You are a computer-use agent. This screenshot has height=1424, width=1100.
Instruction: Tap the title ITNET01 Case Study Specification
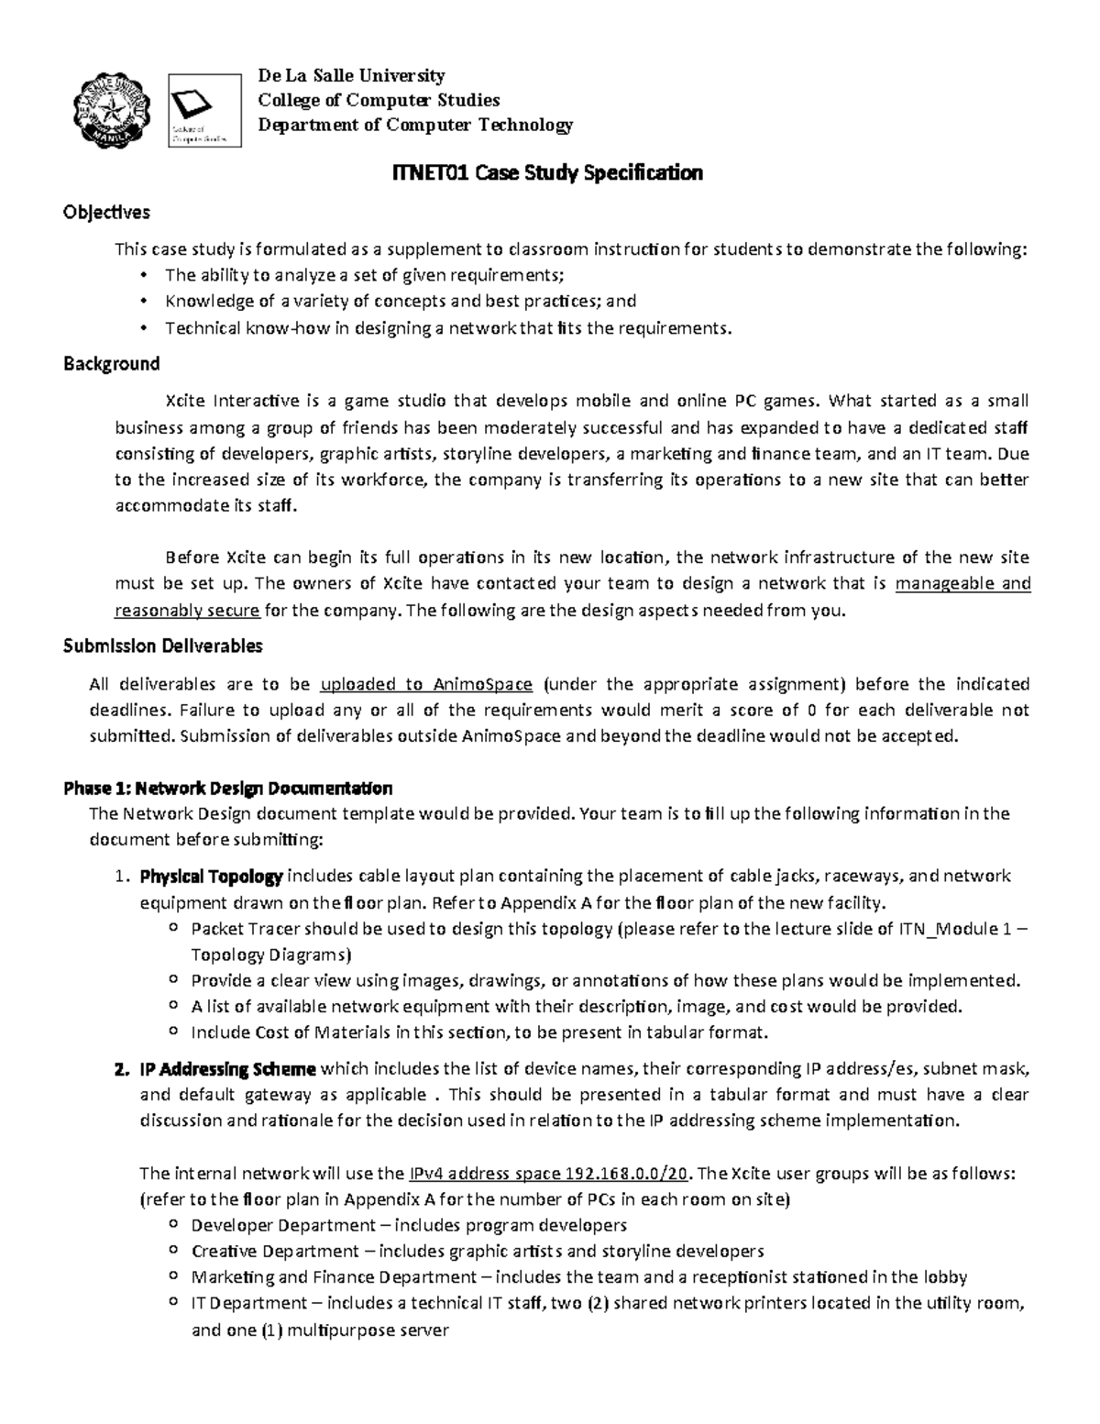coord(546,173)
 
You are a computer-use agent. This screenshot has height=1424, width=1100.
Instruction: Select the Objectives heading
coord(106,213)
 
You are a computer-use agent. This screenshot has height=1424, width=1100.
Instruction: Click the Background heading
coord(111,364)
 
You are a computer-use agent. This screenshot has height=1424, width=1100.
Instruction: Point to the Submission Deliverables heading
coord(162,646)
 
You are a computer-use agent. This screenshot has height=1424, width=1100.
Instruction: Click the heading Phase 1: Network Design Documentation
coord(227,788)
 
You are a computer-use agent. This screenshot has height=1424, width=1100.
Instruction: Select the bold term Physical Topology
coord(211,877)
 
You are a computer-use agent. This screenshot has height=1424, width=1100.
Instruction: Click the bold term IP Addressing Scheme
coord(227,1069)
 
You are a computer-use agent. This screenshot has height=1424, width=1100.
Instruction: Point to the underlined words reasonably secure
coord(187,611)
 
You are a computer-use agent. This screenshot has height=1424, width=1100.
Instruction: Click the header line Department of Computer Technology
coord(414,125)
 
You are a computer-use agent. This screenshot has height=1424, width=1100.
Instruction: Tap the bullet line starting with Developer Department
coord(408,1226)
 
